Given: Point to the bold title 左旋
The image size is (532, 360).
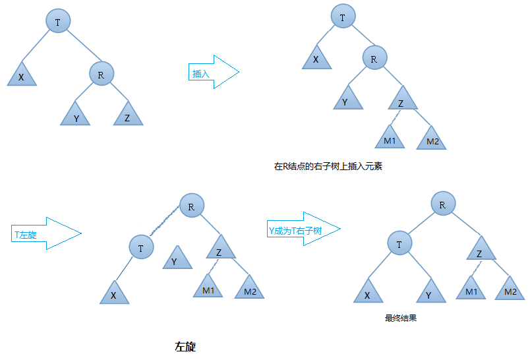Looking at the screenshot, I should click(185, 346).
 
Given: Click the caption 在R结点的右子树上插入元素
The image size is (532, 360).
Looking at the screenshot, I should click(328, 167).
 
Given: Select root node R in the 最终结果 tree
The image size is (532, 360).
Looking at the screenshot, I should click(442, 204).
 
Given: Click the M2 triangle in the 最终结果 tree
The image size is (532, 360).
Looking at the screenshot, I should click(510, 289).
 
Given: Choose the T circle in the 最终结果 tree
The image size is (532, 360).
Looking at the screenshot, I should click(399, 244).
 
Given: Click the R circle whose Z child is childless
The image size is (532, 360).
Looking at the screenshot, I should click(101, 75).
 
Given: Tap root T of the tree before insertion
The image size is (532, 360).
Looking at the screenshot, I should click(58, 22).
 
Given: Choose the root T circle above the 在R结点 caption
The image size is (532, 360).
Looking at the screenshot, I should click(343, 18).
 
